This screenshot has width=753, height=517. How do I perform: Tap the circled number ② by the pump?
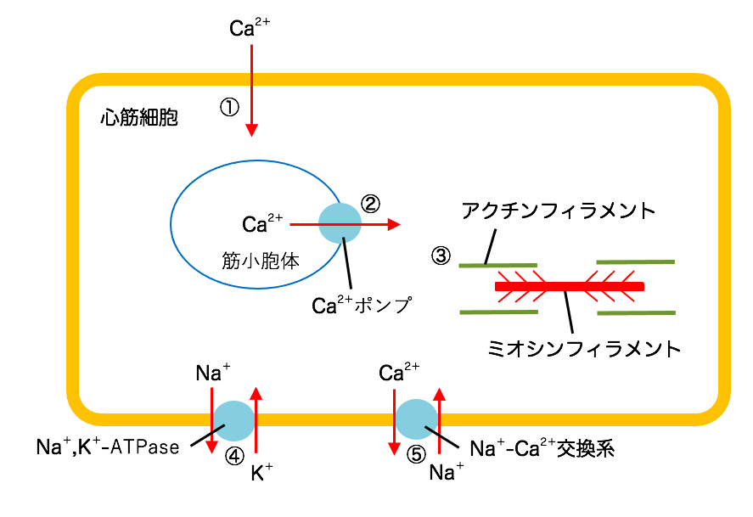pyautogui.click(x=371, y=204)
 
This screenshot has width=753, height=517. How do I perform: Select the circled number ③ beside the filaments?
pyautogui.click(x=441, y=255)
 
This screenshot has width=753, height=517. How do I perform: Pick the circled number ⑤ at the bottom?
pyautogui.click(x=415, y=454)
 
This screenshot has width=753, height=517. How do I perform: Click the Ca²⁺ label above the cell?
pyautogui.click(x=250, y=28)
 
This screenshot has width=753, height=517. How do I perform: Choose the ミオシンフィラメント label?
pyautogui.click(x=585, y=347)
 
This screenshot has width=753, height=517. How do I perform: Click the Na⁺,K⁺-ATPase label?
pyautogui.click(x=108, y=447)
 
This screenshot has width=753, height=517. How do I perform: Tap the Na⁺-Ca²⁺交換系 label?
pyautogui.click(x=541, y=448)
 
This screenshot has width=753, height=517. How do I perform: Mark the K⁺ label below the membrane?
pyautogui.click(x=261, y=474)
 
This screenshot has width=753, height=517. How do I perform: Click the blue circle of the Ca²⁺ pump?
pyautogui.click(x=340, y=224)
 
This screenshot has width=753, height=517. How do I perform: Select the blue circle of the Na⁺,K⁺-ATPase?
pyautogui.click(x=233, y=419)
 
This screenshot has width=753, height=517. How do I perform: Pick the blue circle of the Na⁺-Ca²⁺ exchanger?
pyautogui.click(x=417, y=419)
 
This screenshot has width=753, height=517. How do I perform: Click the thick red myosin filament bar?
pyautogui.click(x=569, y=287)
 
